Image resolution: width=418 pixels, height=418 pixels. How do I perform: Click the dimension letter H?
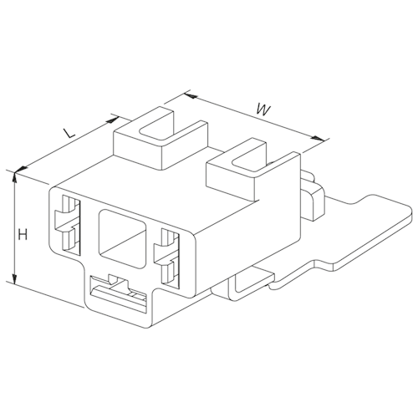(23, 235)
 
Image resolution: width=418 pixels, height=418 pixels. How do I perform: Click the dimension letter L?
(69, 133)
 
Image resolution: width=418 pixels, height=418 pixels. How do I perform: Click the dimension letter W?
(263, 110)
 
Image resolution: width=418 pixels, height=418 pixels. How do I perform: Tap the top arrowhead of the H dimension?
(15, 177)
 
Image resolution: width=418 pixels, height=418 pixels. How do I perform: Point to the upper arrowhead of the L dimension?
(113, 120)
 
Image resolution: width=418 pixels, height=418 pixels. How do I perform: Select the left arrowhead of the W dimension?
(191, 96)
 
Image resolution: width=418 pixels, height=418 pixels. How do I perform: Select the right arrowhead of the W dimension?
(318, 138)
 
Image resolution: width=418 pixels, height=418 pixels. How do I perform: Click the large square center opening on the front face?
(123, 239)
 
